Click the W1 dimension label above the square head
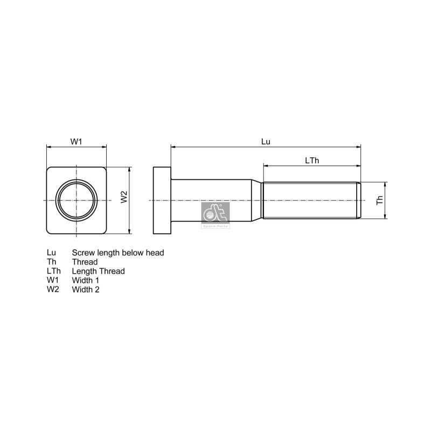76,141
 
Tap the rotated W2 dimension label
123,197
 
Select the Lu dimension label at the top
265,141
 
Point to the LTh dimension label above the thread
312,160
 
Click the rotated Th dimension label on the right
380,200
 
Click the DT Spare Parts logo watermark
215,216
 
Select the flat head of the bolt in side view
162,200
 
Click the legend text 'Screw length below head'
118,253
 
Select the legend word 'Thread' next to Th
85,262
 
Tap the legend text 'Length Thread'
98,271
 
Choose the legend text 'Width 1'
86,280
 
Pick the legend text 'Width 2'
86,289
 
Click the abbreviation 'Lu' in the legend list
51,253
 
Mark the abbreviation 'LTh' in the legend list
54,271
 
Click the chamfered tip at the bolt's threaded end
359,200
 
